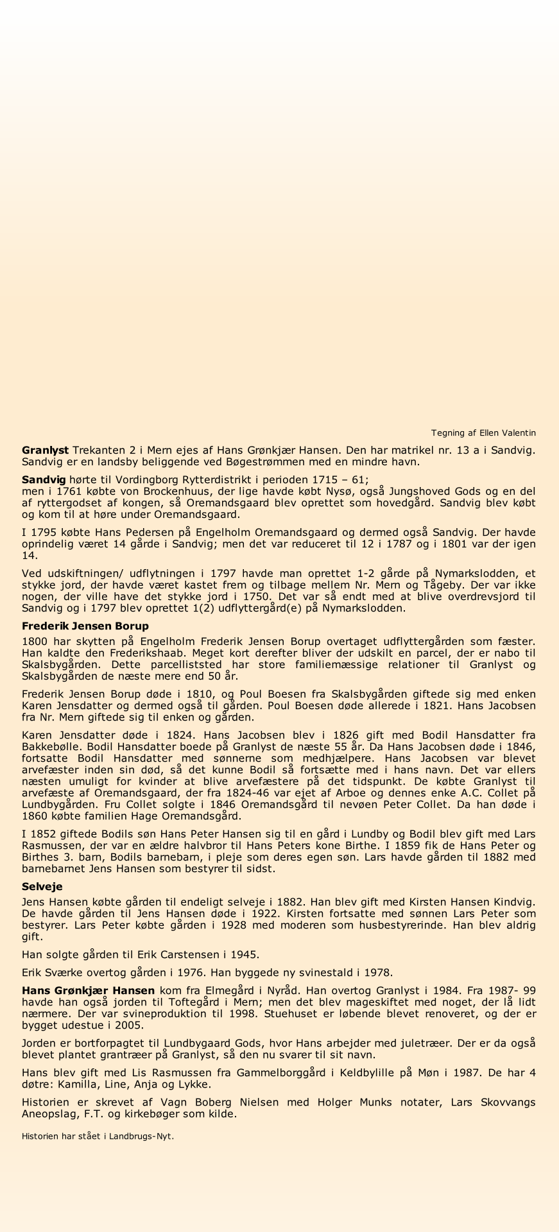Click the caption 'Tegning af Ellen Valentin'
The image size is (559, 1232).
(483, 433)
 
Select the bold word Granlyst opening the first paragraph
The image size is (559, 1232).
(46, 450)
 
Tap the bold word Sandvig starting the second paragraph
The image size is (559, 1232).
(44, 479)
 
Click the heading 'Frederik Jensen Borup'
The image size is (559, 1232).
(85, 626)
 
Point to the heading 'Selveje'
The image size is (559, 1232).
(42, 886)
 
